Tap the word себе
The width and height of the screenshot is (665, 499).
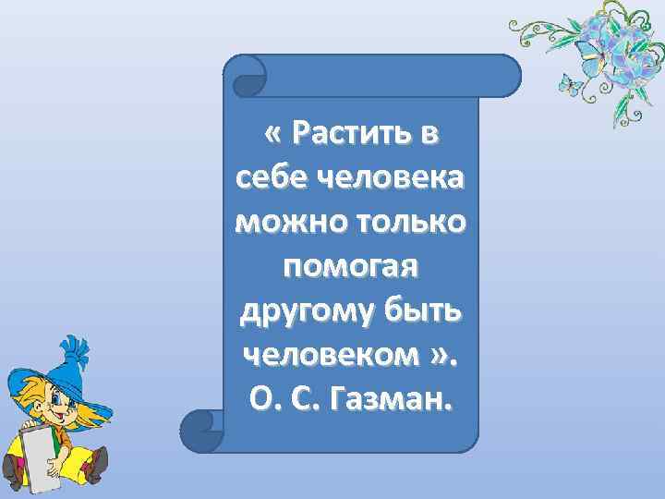coord(268,178)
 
